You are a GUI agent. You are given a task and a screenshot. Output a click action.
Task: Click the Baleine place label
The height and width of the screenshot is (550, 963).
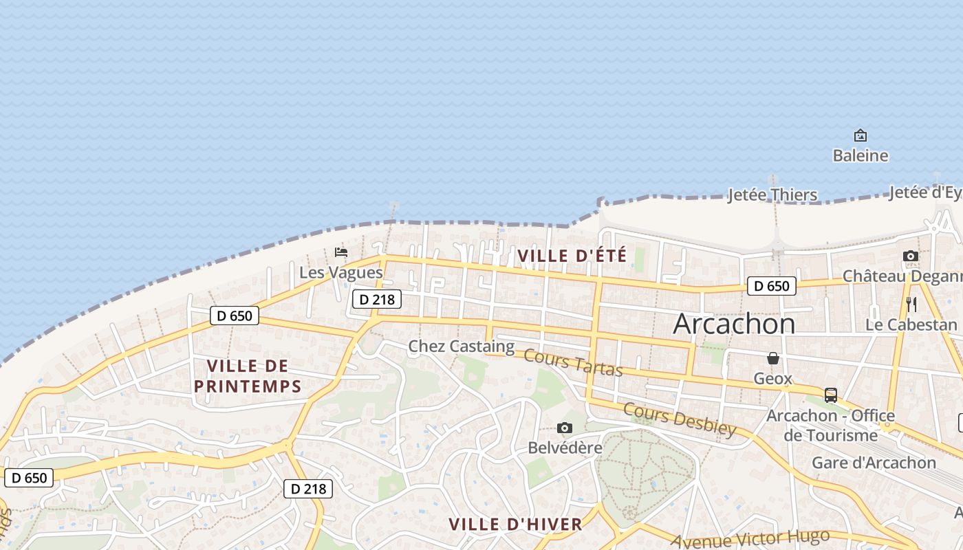click(x=860, y=156)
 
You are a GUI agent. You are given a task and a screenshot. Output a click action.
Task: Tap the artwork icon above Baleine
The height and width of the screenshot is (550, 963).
click(x=860, y=135)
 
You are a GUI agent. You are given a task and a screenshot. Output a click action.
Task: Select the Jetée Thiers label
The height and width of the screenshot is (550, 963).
click(x=772, y=195)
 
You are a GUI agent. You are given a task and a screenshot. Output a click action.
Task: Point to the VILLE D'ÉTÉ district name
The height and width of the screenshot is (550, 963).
click(x=572, y=256)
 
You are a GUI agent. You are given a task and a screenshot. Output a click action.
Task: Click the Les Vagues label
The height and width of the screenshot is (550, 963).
click(x=340, y=272)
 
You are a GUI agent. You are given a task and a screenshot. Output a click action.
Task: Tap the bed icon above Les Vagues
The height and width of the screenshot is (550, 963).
click(x=340, y=252)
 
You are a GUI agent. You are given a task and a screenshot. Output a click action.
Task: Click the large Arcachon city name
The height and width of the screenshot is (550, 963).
click(x=734, y=323)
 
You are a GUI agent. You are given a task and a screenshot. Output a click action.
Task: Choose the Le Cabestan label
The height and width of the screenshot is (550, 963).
click(x=911, y=324)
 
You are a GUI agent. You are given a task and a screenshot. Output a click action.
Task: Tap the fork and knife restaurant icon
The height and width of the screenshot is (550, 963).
click(x=911, y=305)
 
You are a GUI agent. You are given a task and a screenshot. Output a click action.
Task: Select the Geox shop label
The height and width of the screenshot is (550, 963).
click(x=772, y=379)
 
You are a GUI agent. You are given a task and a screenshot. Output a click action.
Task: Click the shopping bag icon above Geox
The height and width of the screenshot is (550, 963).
click(x=773, y=358)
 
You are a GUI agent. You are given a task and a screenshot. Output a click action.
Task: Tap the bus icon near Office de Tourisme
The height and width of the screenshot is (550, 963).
click(x=830, y=395)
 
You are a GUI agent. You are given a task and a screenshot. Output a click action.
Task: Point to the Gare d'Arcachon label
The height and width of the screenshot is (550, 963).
click(x=874, y=463)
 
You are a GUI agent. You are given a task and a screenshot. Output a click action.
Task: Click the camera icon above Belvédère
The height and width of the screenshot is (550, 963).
click(x=565, y=428)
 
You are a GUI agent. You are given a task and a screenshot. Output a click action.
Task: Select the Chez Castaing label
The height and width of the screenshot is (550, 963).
click(x=461, y=346)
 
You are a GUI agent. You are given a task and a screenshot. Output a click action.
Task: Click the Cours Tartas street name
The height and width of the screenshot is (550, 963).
click(x=573, y=363)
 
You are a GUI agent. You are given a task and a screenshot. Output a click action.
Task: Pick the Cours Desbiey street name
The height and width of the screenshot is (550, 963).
click(x=679, y=419)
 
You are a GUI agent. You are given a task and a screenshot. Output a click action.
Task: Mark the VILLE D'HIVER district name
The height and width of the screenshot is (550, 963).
click(x=515, y=525)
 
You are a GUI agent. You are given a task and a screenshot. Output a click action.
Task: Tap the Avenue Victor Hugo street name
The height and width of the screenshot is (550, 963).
click(x=750, y=539)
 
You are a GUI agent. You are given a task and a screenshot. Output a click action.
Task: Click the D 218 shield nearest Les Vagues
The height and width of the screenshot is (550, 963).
click(x=376, y=299)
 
